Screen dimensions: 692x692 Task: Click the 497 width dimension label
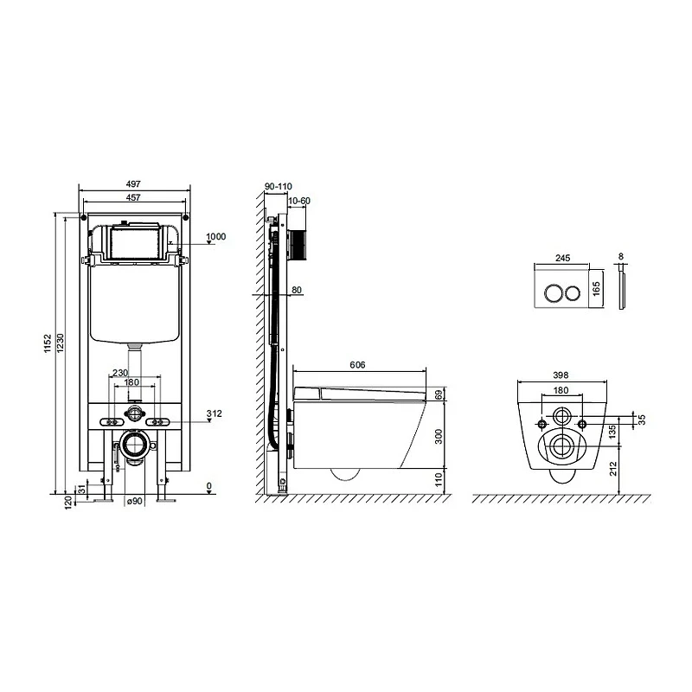pos(133,183)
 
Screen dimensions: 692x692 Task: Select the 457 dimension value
pos(133,197)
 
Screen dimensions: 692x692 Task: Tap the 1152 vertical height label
pos(48,343)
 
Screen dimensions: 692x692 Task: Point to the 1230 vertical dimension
pos(61,343)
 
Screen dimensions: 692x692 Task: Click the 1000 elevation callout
pos(216,236)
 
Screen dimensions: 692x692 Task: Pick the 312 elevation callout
pos(214,413)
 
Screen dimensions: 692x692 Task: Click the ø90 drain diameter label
pos(135,501)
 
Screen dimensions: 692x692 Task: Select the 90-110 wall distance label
pos(278,186)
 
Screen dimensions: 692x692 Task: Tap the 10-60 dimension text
pos(298,201)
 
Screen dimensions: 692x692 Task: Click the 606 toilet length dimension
pos(357,365)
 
